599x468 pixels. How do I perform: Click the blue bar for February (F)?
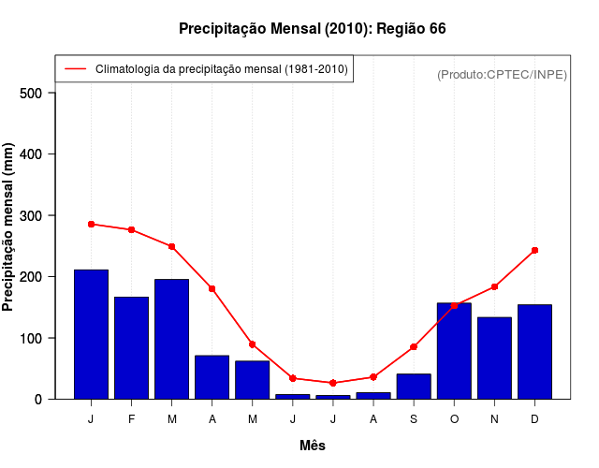click(131, 347)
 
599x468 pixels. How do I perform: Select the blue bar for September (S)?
click(414, 387)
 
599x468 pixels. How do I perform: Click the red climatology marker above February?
click(131, 229)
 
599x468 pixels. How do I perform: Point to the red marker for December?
click(534, 250)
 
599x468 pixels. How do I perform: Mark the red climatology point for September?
click(414, 347)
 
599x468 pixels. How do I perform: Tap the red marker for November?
click(494, 286)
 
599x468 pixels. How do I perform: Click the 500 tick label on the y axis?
click(31, 93)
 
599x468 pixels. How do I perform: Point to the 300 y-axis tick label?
click(31, 215)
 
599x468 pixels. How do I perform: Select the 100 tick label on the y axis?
click(31, 338)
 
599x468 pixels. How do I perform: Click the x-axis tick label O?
click(454, 419)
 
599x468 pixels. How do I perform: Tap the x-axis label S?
click(414, 419)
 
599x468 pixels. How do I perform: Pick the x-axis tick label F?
click(131, 419)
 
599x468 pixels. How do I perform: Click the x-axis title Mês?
click(313, 446)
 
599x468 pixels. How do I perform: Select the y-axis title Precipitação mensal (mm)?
click(9, 227)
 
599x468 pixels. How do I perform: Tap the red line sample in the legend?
click(75, 69)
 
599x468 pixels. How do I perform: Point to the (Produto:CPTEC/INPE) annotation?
click(502, 74)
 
